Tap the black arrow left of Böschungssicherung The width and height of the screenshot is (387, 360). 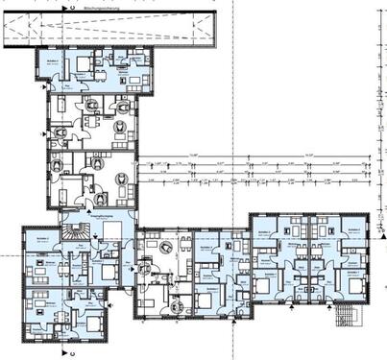point(63,7)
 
